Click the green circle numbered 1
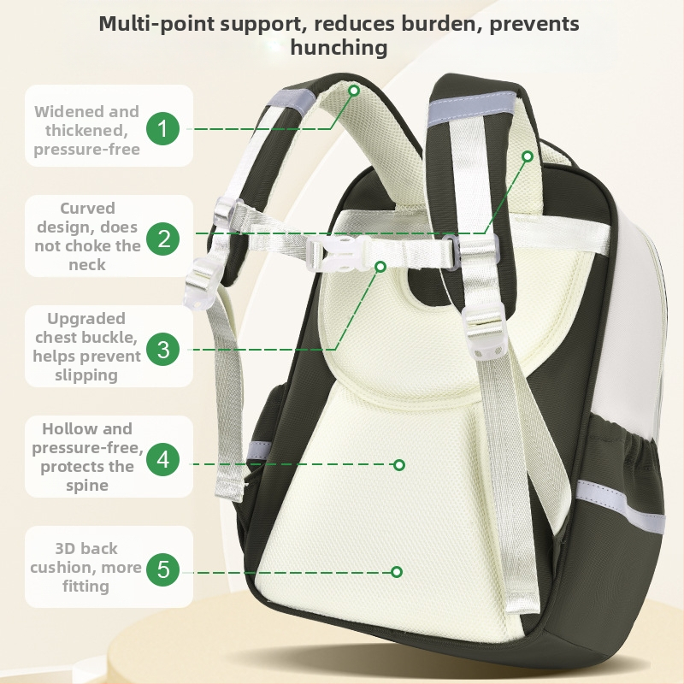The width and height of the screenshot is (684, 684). coord(162,129)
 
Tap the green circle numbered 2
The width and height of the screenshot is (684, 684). coord(162,239)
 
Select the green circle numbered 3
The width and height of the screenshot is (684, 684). coord(162,349)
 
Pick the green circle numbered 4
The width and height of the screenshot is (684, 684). coord(162,459)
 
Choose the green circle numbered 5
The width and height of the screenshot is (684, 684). coord(162,569)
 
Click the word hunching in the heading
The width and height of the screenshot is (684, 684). coord(339,48)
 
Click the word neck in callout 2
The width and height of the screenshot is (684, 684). coord(87,264)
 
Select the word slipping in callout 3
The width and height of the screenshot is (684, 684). coord(86,375)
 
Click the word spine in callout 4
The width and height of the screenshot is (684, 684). coord(87,486)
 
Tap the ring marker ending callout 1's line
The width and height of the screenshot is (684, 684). coord(354,91)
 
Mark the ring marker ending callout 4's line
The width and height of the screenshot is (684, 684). coord(399,465)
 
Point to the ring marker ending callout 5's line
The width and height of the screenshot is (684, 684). coord(397,572)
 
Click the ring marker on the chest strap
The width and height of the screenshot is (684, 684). coord(380,266)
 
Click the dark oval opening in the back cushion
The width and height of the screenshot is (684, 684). coord(416,286)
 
